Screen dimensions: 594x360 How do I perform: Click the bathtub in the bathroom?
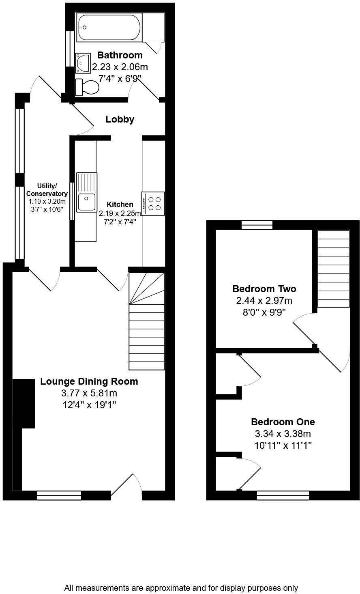109,28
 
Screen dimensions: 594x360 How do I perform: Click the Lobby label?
120,119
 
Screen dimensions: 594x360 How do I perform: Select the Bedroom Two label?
264,289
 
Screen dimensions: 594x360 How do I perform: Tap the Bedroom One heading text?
283,422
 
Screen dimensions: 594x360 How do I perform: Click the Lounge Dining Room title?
89,381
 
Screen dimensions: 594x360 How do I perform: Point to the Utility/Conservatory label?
47,190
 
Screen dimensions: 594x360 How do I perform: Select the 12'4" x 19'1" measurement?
89,405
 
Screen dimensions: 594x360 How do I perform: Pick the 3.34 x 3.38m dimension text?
283,433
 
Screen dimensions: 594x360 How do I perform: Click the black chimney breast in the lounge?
24,404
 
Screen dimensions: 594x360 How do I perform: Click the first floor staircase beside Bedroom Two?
333,269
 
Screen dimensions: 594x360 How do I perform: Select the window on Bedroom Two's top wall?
257,225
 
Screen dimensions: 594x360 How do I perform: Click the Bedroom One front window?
283,495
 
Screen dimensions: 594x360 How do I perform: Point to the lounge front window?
59,495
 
